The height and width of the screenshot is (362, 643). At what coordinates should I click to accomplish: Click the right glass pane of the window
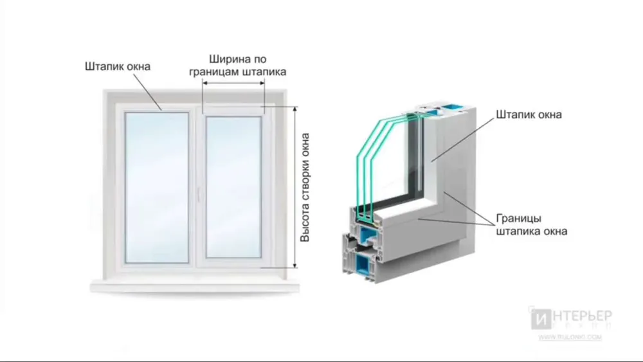(x=233, y=188)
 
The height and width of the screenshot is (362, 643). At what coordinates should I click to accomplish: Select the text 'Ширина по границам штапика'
(x=237, y=64)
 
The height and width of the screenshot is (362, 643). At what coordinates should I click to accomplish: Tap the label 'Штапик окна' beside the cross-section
(x=529, y=115)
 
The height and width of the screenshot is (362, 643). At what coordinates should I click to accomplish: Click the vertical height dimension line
(x=295, y=187)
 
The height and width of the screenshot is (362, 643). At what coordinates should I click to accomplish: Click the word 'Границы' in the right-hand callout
(x=522, y=217)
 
